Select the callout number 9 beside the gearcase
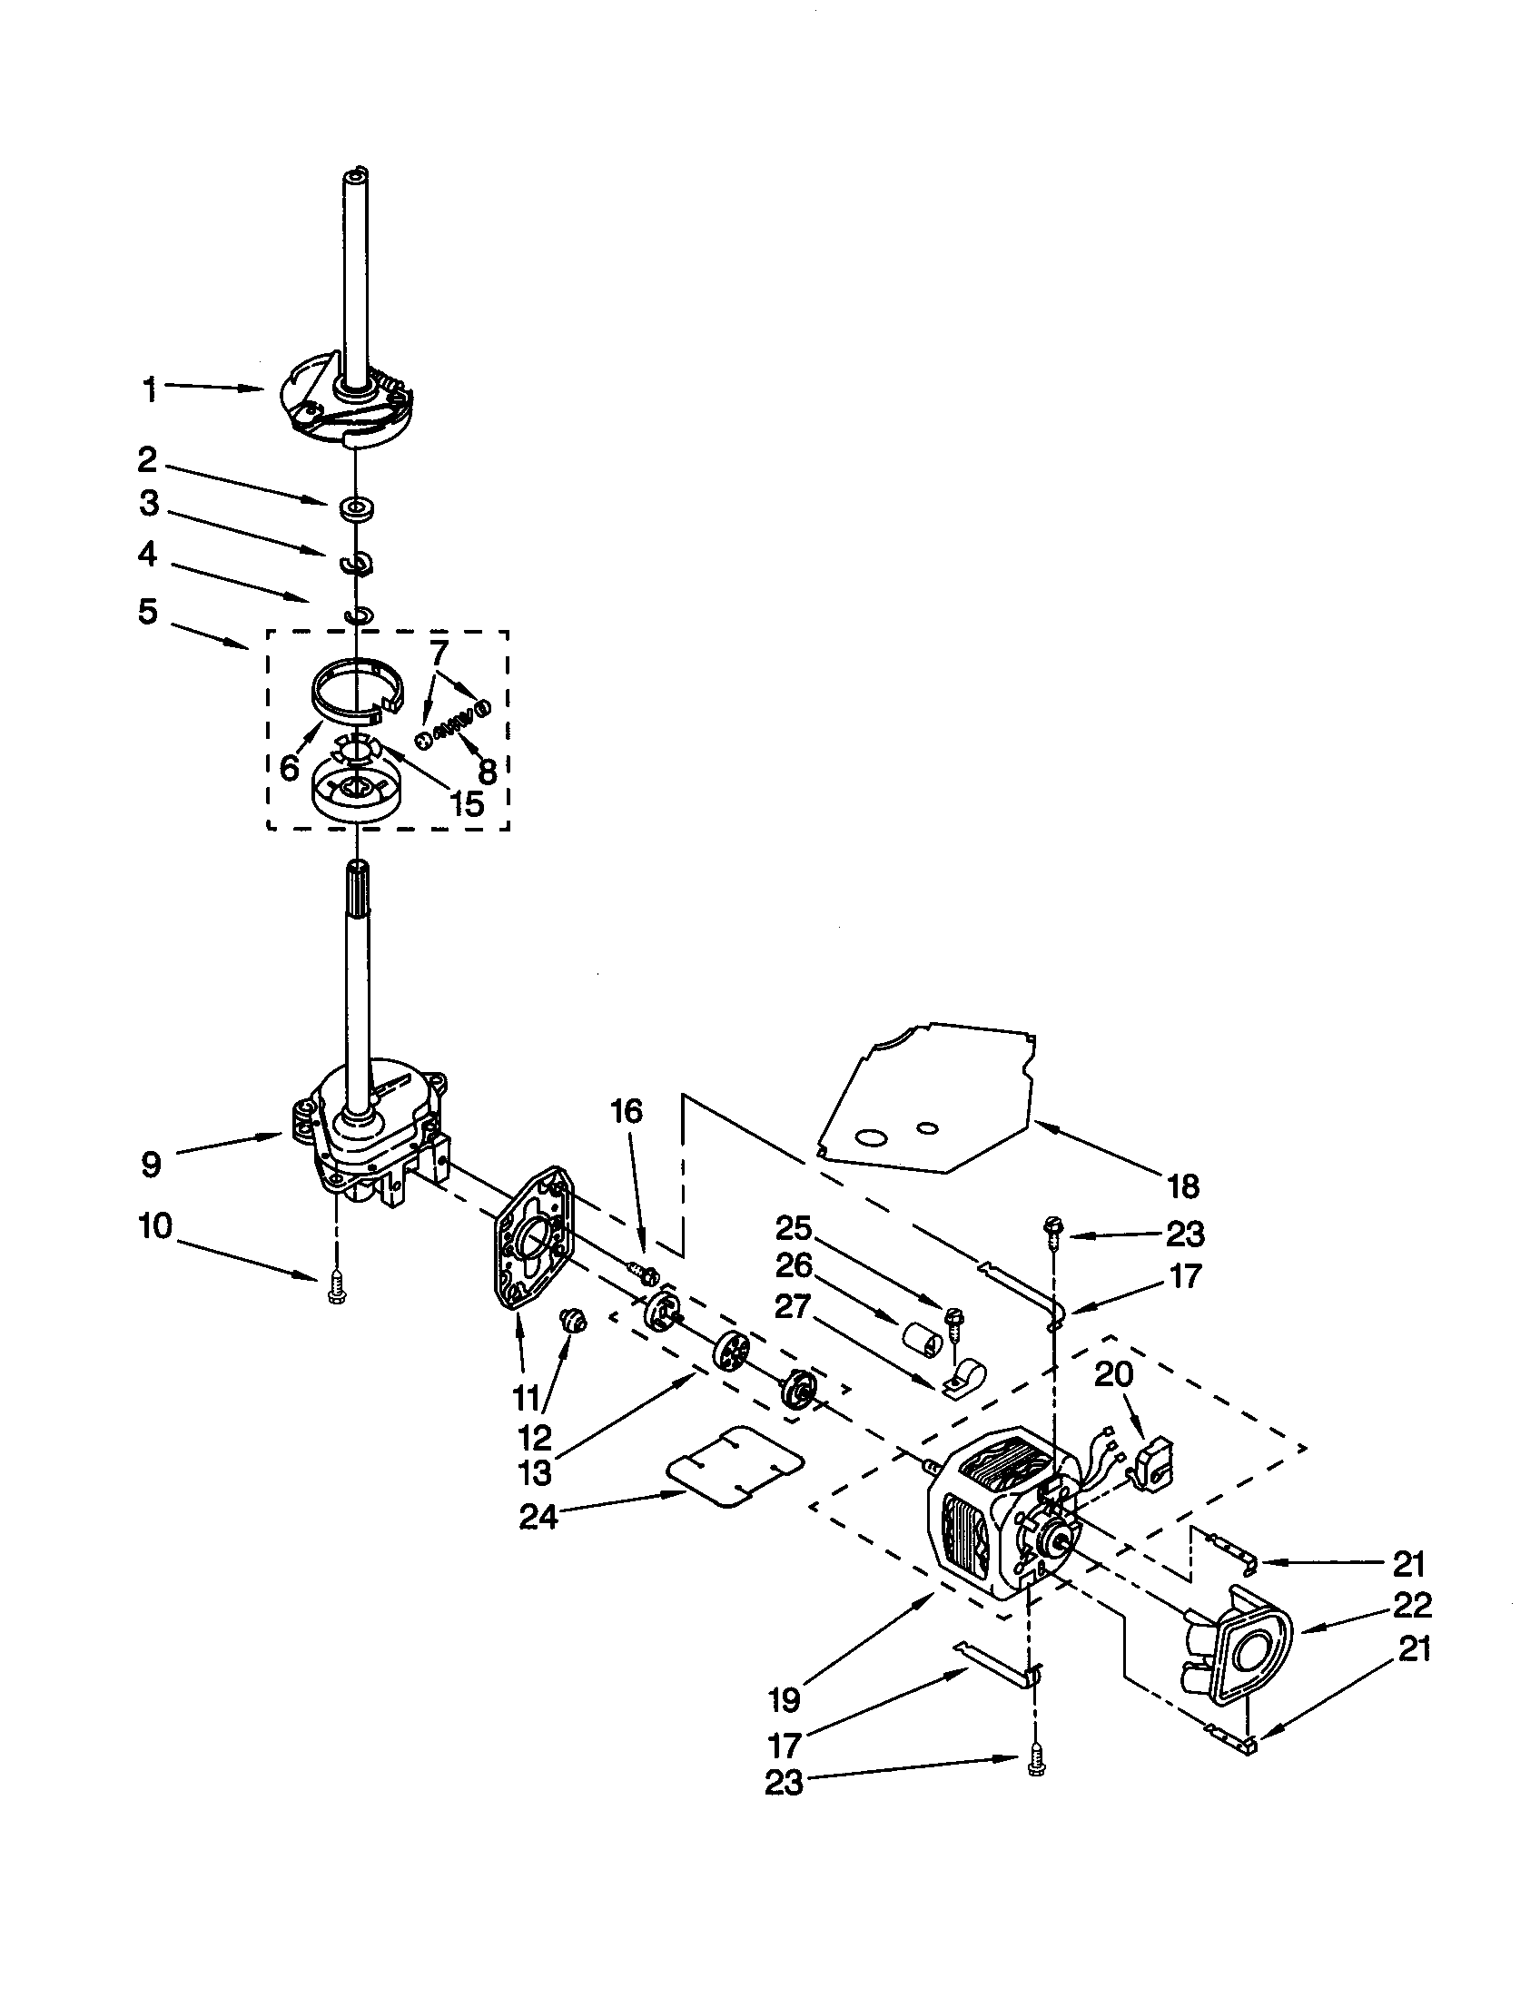pos(151,1164)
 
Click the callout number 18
pos(1182,1187)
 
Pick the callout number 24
pos(539,1518)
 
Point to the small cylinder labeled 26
pos(922,1343)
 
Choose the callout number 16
pos(627,1111)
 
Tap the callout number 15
pos(467,803)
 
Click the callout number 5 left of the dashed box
pos(148,611)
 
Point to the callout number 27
pos(792,1307)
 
